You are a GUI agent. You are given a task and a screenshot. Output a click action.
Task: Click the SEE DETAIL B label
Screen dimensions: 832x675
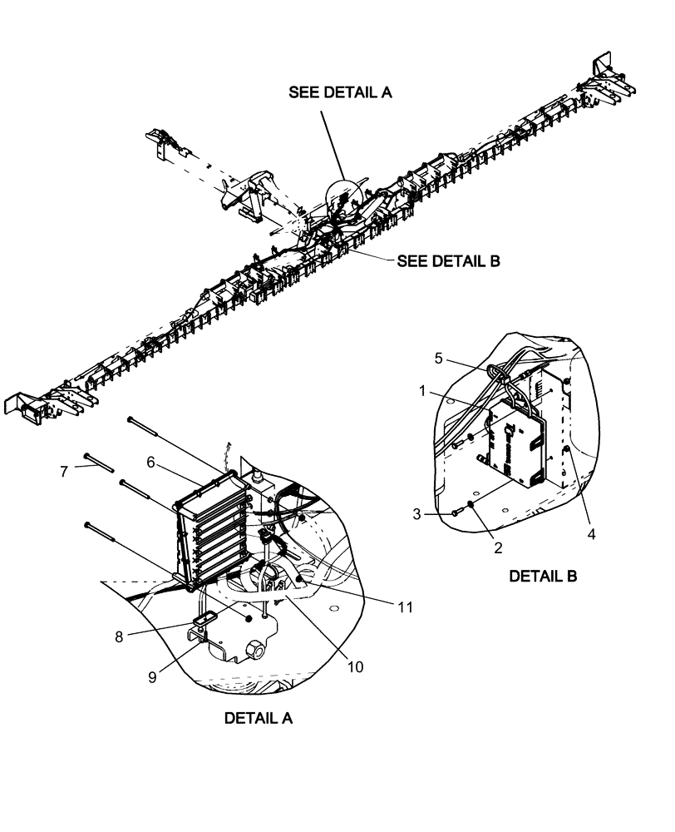tap(448, 260)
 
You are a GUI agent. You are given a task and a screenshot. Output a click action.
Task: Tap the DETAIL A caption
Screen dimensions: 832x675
tap(258, 717)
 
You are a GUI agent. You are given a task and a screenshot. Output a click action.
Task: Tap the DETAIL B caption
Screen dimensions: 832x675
tap(543, 575)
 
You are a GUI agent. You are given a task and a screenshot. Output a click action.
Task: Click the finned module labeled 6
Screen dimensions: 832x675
tap(212, 528)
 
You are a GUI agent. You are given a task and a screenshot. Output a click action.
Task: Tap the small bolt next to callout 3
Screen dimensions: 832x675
tap(456, 513)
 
